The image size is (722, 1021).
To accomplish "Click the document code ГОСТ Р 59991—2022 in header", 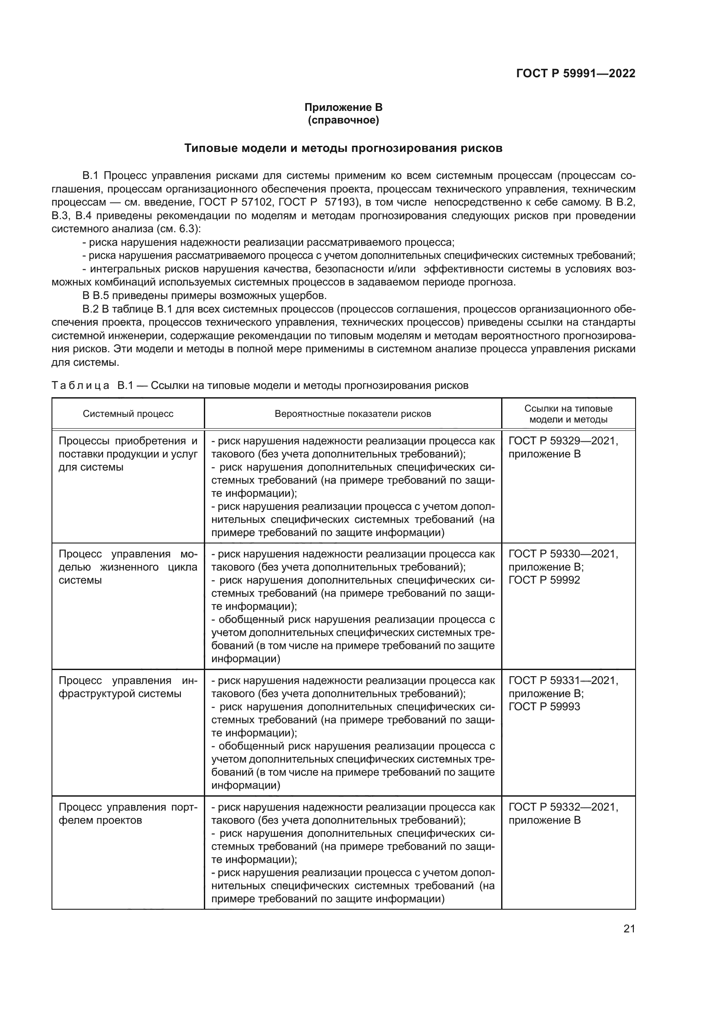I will pos(575,73).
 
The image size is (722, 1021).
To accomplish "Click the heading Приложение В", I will pos(343,107).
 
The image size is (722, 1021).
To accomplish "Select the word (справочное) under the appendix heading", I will pos(343,120).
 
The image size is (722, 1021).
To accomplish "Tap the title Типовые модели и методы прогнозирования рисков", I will pos(343,148).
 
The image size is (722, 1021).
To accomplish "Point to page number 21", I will pos(629,928).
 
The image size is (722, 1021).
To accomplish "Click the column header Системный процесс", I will pos(128,413).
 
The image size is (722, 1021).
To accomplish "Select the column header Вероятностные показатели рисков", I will pos(353,413).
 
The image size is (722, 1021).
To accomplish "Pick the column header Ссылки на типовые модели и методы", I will pos(568,413).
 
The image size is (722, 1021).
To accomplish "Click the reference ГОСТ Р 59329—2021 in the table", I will pos(563,441).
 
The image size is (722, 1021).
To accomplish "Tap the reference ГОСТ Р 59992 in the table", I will pos(544,580).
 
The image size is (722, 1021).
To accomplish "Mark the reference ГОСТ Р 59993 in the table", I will pos(544,707).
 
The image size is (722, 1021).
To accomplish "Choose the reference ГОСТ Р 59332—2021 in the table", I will pos(563,807).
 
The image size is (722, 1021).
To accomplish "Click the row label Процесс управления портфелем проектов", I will pos(128,813).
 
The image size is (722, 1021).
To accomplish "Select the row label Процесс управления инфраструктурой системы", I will pos(128,687).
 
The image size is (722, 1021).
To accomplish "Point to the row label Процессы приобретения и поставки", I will pos(128,454).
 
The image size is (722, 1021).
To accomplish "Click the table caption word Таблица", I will pos(80,385).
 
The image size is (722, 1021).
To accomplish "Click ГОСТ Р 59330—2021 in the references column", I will pos(563,554).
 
